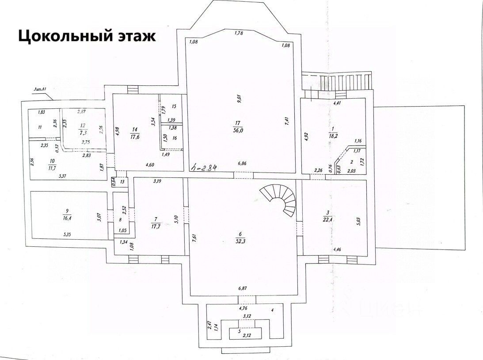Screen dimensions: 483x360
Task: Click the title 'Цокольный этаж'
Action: point(87,35)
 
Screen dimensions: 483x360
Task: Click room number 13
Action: point(122,182)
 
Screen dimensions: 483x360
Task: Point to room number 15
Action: point(174,107)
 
